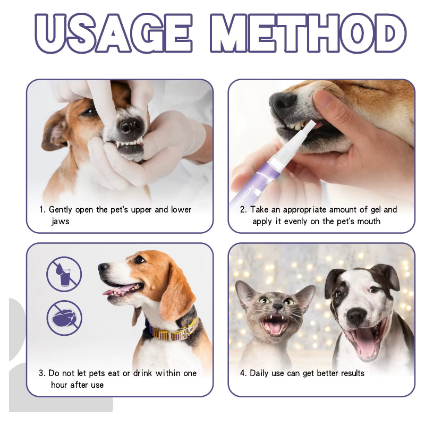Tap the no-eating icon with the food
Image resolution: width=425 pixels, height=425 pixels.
(64, 318)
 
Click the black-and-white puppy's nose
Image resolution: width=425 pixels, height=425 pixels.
(356, 317)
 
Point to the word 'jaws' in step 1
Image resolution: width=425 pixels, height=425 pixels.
(60, 221)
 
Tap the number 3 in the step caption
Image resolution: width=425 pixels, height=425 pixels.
(41, 373)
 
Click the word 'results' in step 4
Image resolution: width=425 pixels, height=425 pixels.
(349, 373)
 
